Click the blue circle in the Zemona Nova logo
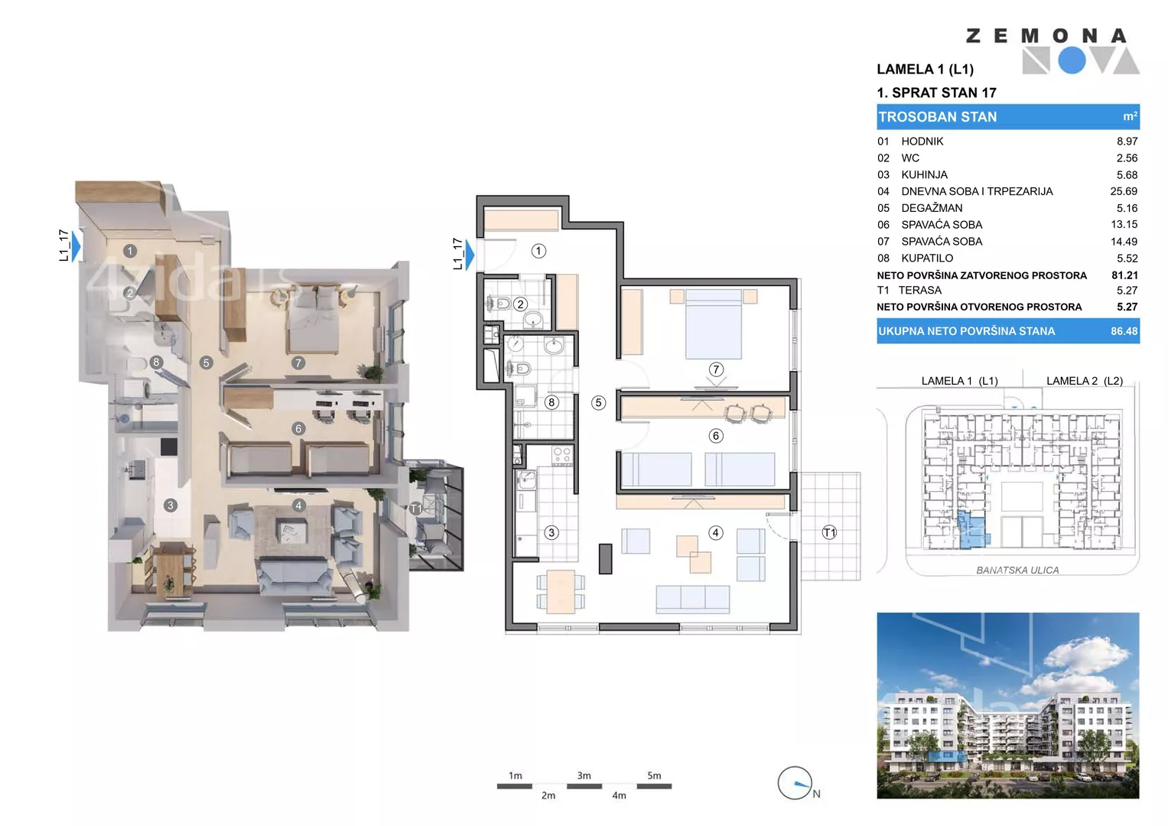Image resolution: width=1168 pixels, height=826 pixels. (x=1072, y=60)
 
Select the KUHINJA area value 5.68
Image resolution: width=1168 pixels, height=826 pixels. (x=1127, y=174)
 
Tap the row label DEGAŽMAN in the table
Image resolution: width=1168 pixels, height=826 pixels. (x=932, y=208)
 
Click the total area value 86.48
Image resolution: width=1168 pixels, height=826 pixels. (x=1124, y=331)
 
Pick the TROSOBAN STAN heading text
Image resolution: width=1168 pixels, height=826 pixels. (x=938, y=117)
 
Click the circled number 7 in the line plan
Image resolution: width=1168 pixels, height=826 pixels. (x=716, y=369)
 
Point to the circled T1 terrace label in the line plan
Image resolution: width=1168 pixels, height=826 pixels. (x=829, y=532)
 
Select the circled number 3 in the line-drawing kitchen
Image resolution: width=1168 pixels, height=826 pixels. (x=551, y=532)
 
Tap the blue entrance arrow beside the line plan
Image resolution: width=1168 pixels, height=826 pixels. (x=470, y=255)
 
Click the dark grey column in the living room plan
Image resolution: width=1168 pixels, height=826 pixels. (x=605, y=558)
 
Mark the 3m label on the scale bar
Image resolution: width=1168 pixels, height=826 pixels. (x=584, y=776)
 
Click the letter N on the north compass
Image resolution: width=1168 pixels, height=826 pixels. (x=817, y=794)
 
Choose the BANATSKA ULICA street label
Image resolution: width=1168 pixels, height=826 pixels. (x=1017, y=571)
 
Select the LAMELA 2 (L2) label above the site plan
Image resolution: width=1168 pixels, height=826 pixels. (x=1085, y=381)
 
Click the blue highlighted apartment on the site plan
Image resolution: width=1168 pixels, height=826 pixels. (x=971, y=530)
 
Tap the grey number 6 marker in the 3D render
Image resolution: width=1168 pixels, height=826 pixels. (x=298, y=428)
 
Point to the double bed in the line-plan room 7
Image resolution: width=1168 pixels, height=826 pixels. (x=714, y=324)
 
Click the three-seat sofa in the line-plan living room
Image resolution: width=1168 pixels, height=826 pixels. (x=692, y=598)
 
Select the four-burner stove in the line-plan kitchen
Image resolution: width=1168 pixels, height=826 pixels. (x=562, y=455)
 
